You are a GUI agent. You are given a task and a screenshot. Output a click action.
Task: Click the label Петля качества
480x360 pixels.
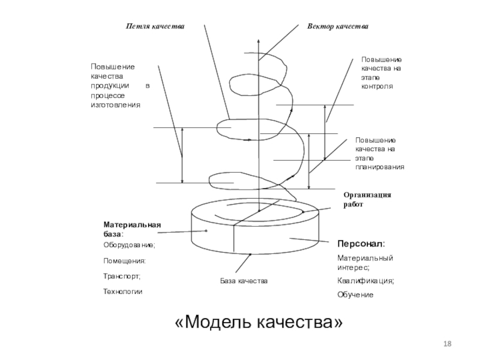coord(155,26)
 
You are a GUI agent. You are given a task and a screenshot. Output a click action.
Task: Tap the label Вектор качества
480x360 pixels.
coord(338,26)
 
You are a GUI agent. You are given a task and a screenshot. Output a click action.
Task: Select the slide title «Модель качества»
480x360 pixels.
coord(259,322)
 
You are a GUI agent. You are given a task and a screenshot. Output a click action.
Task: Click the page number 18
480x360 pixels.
coord(447,344)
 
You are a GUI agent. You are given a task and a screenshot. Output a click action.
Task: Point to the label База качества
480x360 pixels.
coord(244,281)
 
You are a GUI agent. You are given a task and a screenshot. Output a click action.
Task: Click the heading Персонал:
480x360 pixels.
coord(361,244)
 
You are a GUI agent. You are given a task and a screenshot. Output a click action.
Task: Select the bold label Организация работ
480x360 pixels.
coord(367,200)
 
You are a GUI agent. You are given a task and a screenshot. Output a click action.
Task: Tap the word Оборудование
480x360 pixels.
coord(129,245)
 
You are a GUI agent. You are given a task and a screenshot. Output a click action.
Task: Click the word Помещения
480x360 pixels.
coord(124,261)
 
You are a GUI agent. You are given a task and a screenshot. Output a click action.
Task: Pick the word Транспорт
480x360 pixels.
coord(122,277)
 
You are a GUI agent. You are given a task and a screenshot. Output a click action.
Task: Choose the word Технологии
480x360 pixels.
coord(123,292)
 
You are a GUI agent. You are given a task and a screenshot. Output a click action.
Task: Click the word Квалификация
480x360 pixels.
coord(365,281)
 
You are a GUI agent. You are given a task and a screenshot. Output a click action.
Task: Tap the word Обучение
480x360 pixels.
coord(355,295)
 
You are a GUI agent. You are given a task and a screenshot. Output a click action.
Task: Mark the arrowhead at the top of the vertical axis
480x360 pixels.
coord(259,41)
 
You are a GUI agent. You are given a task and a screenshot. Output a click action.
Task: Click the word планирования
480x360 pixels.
coord(380,167)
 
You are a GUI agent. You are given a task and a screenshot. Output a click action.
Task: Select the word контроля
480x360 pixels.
coord(377,86)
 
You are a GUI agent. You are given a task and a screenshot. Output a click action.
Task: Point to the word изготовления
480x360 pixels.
coord(115,105)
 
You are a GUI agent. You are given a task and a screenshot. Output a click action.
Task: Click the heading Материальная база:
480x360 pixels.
coord(132,230)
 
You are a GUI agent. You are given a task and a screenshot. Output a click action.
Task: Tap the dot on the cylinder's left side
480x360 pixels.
coord(206,231)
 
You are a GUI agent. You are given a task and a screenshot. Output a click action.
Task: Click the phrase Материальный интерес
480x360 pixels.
coord(365,263)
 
